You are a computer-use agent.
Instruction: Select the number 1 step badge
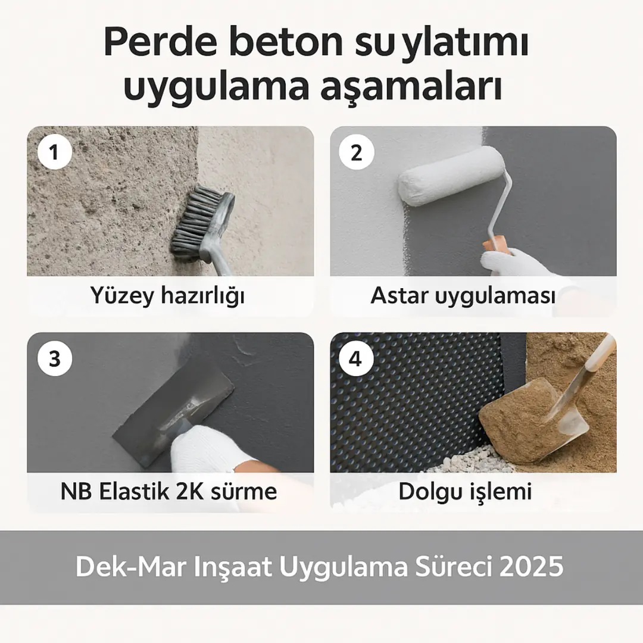point(55,153)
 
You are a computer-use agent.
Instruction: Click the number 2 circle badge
point(357,153)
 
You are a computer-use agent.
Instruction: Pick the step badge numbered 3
point(55,359)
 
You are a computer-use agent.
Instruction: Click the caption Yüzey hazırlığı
point(167,295)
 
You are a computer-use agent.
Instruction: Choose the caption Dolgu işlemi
point(465,492)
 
